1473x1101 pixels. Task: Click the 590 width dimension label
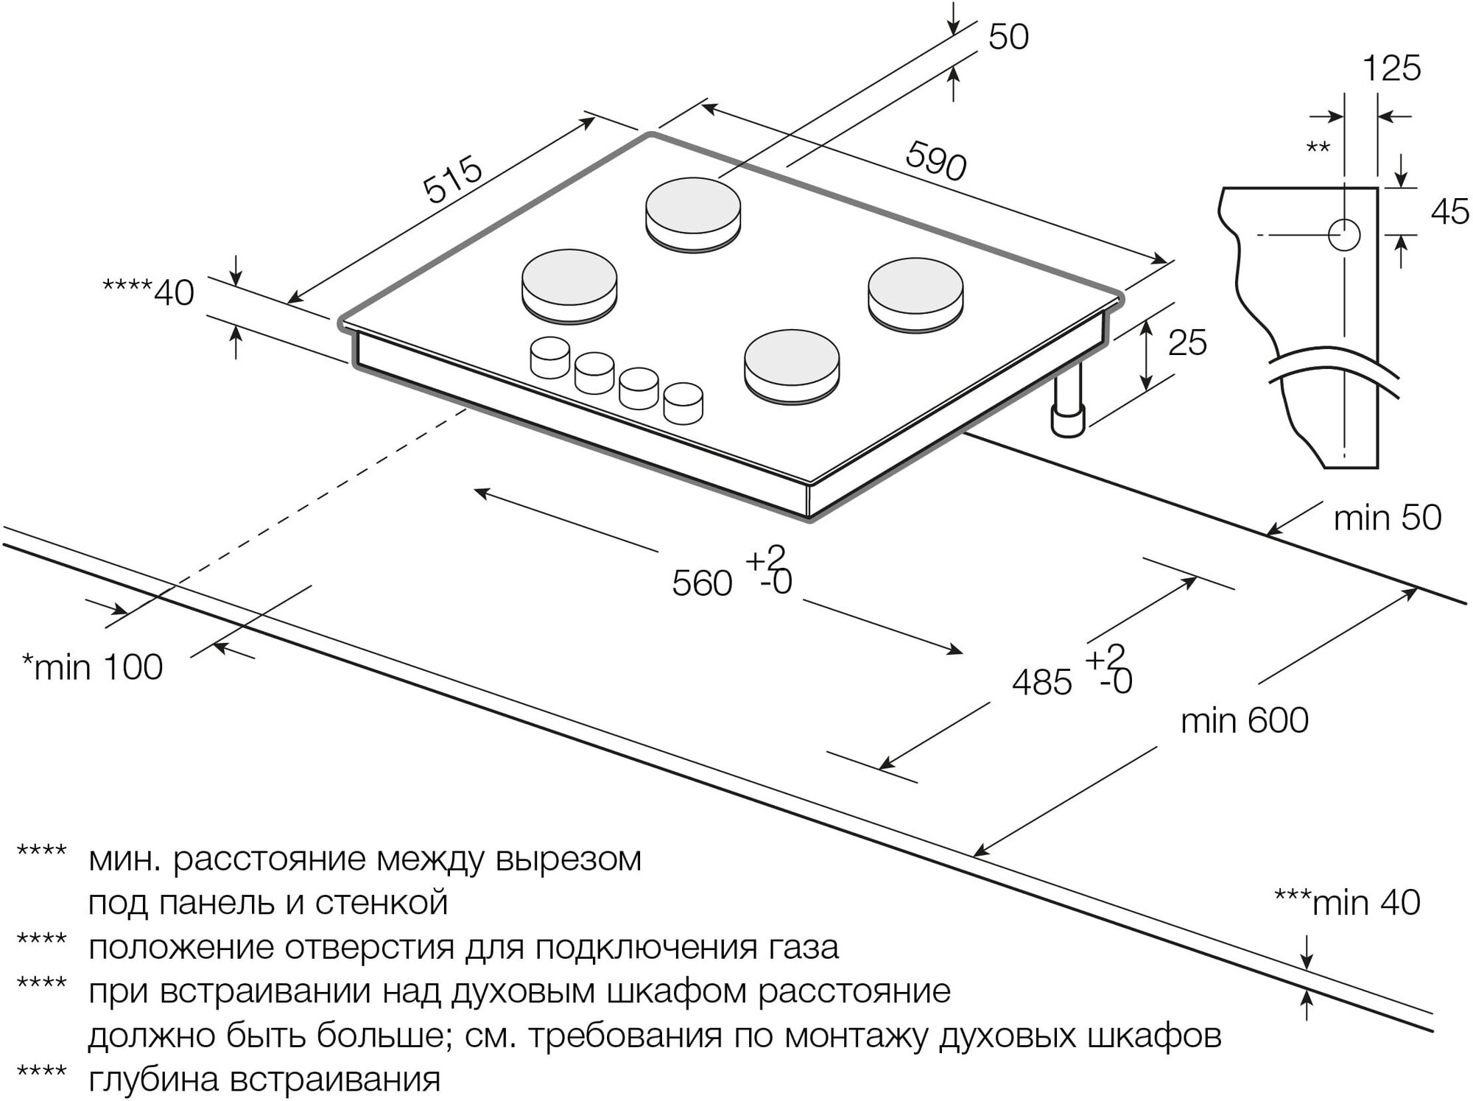(935, 161)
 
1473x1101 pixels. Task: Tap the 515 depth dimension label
(452, 180)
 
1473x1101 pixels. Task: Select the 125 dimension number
(1391, 68)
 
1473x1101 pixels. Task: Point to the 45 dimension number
(1450, 213)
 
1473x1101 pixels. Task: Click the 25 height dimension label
(1187, 344)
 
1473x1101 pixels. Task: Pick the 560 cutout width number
(702, 584)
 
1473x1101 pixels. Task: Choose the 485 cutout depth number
(1041, 683)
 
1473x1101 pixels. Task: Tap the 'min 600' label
(1244, 720)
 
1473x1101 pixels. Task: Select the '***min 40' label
(1347, 903)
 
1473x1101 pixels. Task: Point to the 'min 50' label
(1387, 518)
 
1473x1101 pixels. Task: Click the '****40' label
(148, 293)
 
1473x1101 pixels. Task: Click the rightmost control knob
(683, 402)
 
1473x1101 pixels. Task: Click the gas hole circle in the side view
(1344, 235)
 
